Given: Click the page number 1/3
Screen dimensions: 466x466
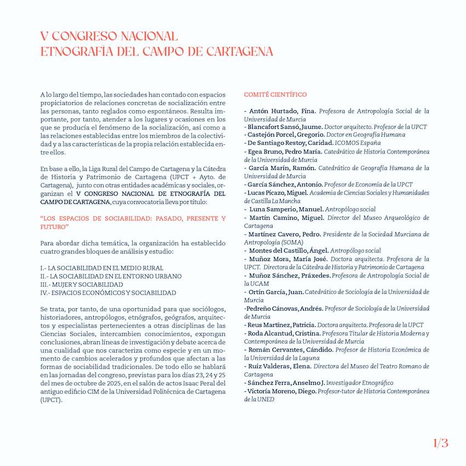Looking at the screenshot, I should [x=440, y=443].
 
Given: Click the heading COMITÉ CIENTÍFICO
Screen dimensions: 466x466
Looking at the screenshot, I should [x=275, y=95].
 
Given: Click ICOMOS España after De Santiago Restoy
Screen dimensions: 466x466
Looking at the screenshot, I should [x=359, y=143].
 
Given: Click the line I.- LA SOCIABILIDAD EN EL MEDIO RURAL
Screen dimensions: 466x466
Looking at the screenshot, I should [x=94, y=268].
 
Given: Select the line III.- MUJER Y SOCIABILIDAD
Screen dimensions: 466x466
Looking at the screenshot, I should [x=82, y=285].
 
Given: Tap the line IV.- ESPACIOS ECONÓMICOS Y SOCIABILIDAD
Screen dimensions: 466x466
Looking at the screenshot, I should [x=108, y=293].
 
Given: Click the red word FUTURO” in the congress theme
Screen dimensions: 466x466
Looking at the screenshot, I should [x=54, y=226].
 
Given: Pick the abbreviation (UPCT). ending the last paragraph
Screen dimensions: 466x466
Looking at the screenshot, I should [x=52, y=400].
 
